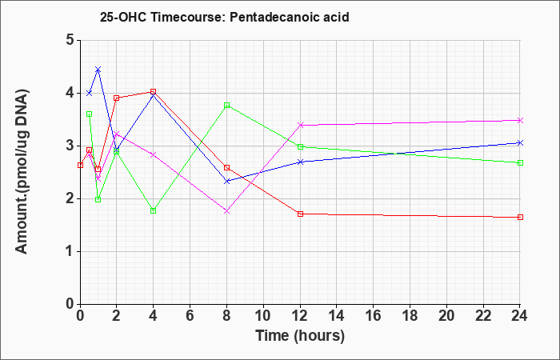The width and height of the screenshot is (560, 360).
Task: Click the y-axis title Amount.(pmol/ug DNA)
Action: coord(22,171)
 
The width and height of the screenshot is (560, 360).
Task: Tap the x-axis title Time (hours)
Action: coord(300,336)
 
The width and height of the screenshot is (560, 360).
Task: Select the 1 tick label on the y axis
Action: coord(70,251)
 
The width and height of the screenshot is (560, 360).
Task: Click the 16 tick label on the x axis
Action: coord(374,315)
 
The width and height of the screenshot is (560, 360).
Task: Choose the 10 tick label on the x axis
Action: coord(263,315)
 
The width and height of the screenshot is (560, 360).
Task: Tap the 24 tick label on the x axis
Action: coord(520,315)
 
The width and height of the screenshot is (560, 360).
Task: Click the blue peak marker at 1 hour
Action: coord(98,70)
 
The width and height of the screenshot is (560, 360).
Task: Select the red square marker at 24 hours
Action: coord(520,217)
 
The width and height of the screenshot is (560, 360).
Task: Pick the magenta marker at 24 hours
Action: coord(520,120)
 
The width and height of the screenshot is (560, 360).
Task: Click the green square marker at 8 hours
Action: coord(226,106)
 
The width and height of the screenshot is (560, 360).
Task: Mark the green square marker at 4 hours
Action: coord(154,210)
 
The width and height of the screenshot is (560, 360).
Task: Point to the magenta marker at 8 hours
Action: coord(226,211)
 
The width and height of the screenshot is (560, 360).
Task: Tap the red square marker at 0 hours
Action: coord(80,165)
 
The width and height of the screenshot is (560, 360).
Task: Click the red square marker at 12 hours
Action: coord(300,214)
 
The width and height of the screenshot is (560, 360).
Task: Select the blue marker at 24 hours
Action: coord(520,143)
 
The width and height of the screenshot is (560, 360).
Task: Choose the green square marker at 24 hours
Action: coord(520,162)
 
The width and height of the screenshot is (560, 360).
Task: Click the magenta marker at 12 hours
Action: coord(300,125)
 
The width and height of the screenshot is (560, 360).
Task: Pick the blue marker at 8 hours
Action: coord(226,181)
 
